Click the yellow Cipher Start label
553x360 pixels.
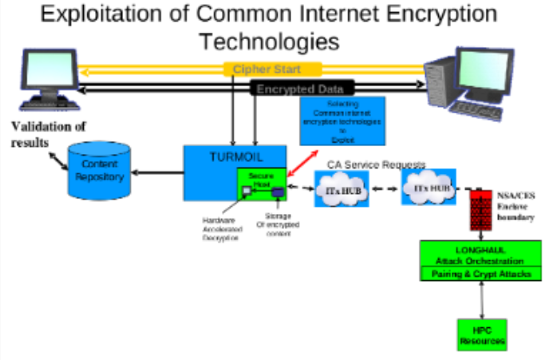click(x=272, y=69)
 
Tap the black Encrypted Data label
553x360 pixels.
click(x=300, y=89)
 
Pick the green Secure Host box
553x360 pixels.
click(x=261, y=185)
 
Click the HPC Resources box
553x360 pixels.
click(x=482, y=335)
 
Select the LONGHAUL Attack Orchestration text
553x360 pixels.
click(x=481, y=255)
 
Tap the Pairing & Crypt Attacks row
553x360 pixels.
click(x=481, y=273)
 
